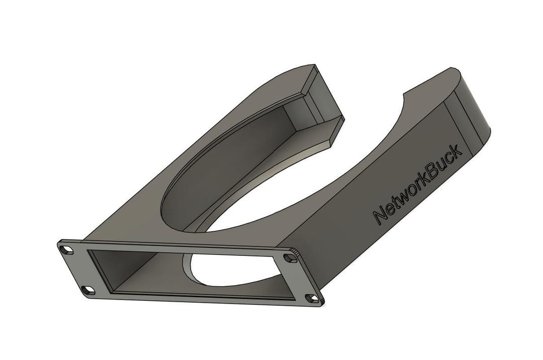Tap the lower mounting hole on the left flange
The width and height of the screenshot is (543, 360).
tap(89, 290)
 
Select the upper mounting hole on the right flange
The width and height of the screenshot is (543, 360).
tap(291, 257)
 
